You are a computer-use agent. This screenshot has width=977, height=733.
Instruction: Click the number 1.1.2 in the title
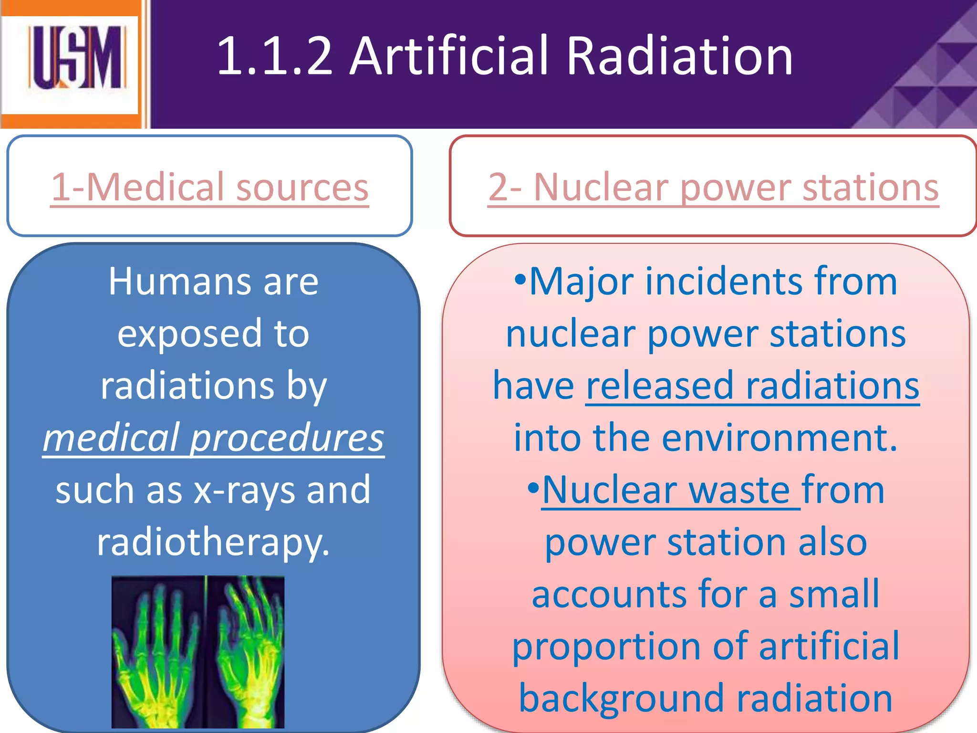pyautogui.click(x=274, y=56)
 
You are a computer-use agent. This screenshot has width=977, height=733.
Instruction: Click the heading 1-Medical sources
pyautogui.click(x=210, y=187)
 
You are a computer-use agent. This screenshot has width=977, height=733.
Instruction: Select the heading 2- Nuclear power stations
pyautogui.click(x=713, y=187)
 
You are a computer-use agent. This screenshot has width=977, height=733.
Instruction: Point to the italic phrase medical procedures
pyautogui.click(x=213, y=438)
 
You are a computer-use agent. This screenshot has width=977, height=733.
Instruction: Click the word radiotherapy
pyautogui.click(x=213, y=543)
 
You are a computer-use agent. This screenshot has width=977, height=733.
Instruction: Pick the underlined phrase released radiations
pyautogui.click(x=752, y=386)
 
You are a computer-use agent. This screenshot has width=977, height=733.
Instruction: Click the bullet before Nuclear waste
pyautogui.click(x=533, y=488)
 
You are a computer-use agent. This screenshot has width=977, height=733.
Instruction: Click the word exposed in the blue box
pyautogui.click(x=190, y=334)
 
